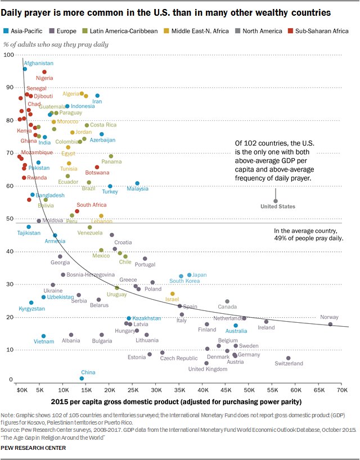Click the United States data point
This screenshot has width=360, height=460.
276,201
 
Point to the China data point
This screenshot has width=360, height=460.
82,378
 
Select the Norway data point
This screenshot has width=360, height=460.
330,324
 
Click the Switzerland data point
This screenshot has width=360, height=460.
289,358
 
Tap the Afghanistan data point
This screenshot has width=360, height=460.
25,69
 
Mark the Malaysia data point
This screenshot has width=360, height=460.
137,183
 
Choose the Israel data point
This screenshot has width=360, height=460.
172,294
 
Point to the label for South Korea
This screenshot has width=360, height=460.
184,281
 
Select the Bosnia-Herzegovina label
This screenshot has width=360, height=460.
87,275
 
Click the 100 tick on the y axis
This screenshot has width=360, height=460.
8,55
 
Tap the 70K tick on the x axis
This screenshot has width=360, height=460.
342,389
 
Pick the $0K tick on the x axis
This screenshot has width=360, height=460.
21,389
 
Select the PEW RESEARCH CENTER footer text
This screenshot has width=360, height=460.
34,448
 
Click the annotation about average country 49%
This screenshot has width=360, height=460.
308,234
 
